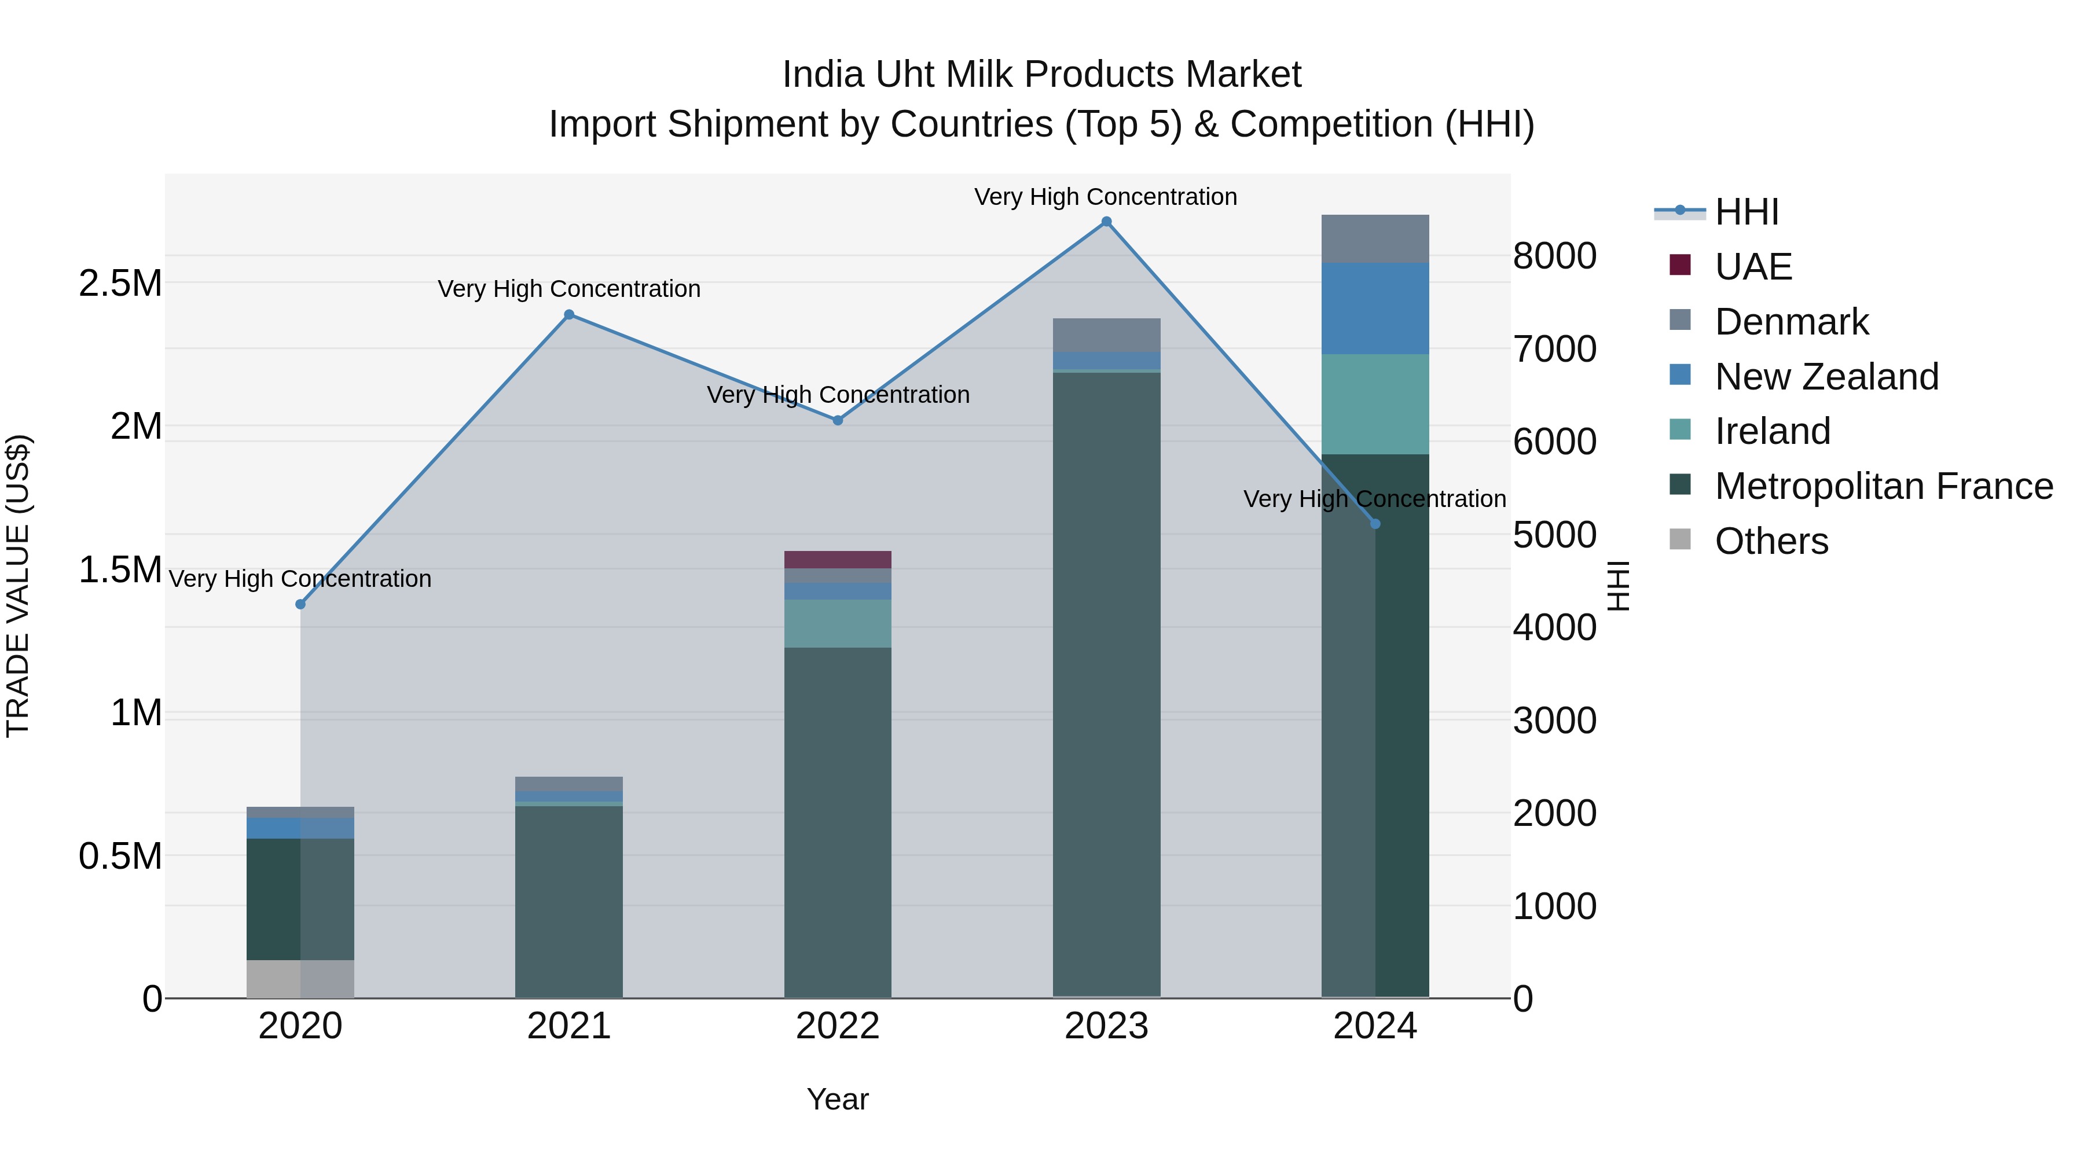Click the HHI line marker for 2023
tap(1106, 222)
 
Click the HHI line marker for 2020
tap(300, 604)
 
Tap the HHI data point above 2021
tap(568, 315)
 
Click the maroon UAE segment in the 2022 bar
tap(837, 560)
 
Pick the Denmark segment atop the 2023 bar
tap(1106, 335)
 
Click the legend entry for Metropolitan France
tap(1883, 486)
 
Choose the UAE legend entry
tap(1752, 267)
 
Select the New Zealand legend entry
tap(1826, 377)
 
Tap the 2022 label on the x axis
tap(837, 1026)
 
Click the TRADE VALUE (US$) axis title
tap(18, 586)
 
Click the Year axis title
tap(837, 1099)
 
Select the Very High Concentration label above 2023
tap(1105, 197)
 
